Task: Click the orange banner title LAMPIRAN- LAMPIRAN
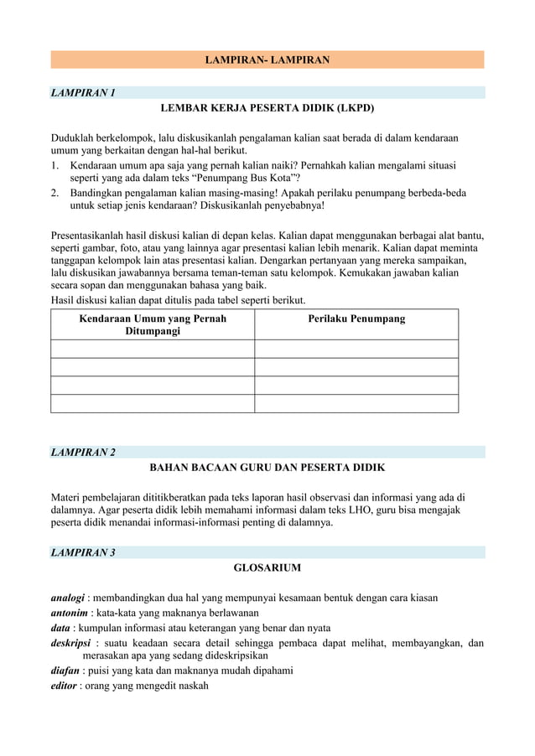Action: click(x=267, y=60)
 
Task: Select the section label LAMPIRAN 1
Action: click(x=83, y=92)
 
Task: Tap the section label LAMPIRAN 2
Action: click(x=83, y=453)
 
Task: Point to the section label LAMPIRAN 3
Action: click(x=83, y=552)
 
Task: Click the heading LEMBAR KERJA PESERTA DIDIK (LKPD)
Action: click(x=267, y=109)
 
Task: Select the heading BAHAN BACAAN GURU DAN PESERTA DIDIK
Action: click(x=267, y=469)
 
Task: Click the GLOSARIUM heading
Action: click(x=267, y=568)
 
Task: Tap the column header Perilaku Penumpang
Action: click(x=356, y=319)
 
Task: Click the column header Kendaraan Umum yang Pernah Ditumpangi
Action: click(x=152, y=325)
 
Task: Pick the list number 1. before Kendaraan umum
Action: click(x=56, y=166)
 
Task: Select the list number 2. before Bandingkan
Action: click(x=56, y=193)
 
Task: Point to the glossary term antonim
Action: click(x=70, y=613)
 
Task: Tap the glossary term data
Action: click(x=60, y=628)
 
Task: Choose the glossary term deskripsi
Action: click(x=72, y=644)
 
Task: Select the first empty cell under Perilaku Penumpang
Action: click(x=356, y=349)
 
